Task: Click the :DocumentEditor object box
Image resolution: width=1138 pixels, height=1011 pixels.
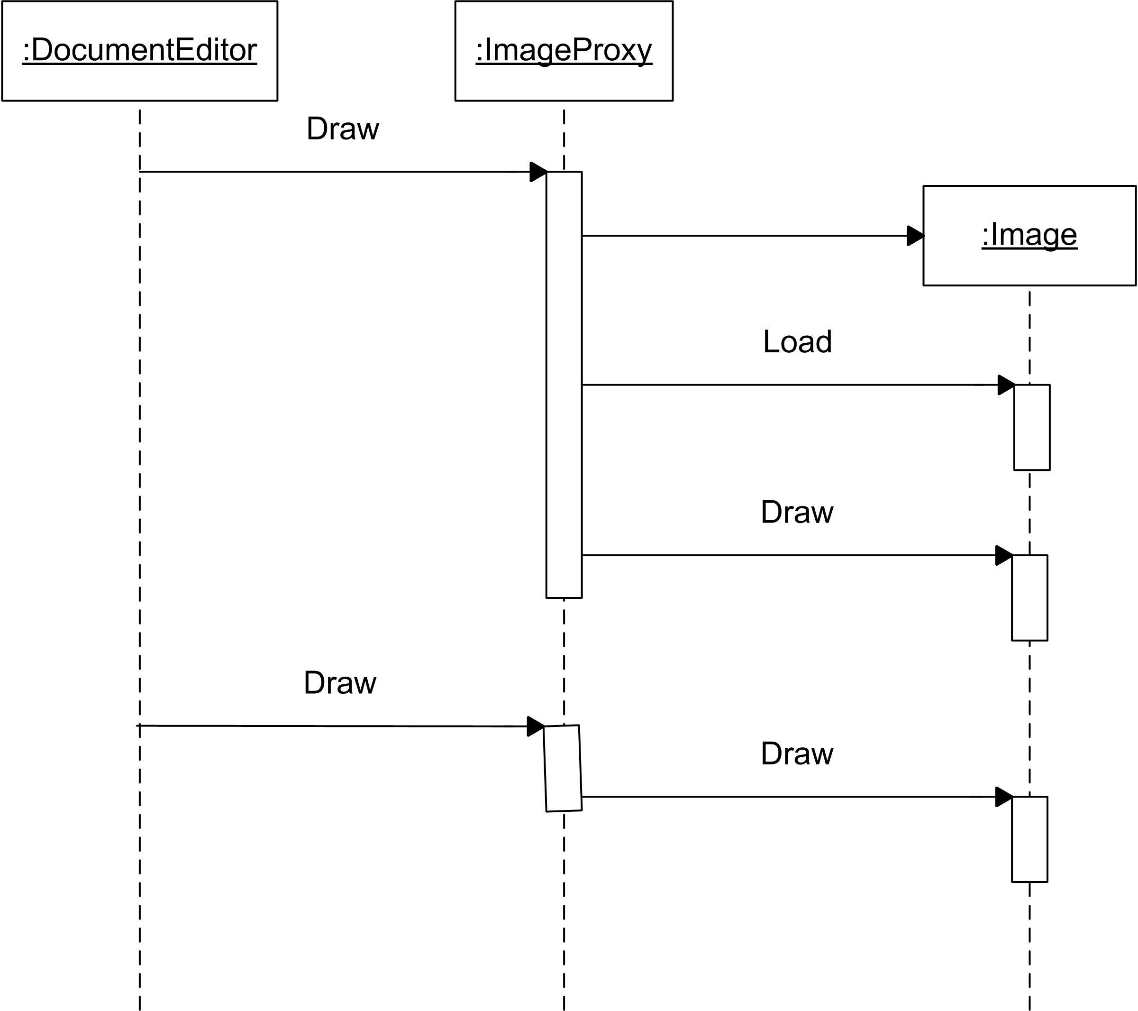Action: click(x=140, y=51)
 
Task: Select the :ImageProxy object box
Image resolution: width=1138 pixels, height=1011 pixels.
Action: click(x=564, y=51)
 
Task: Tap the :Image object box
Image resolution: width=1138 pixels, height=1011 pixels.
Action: click(x=1029, y=236)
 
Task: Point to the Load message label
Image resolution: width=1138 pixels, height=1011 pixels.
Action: click(x=797, y=341)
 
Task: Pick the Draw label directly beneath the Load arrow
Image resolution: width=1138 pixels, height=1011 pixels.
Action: click(x=797, y=512)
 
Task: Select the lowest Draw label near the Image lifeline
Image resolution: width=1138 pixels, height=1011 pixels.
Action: click(x=797, y=754)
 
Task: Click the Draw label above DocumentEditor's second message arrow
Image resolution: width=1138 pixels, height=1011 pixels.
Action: click(x=340, y=683)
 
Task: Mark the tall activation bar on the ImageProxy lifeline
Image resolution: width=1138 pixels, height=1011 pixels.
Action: click(x=564, y=385)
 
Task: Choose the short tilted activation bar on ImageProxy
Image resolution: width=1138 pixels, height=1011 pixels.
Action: click(x=563, y=769)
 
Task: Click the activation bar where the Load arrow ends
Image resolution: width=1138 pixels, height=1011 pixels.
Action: click(x=1032, y=427)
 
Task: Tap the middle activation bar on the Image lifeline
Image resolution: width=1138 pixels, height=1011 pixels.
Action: click(x=1029, y=597)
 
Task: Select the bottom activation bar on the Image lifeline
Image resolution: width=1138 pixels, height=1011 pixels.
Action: click(x=1029, y=839)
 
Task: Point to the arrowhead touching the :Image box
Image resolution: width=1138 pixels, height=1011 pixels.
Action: click(x=915, y=236)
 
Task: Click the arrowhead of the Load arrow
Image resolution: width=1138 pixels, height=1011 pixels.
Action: click(x=1006, y=385)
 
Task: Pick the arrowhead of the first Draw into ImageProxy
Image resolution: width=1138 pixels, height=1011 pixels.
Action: click(x=538, y=172)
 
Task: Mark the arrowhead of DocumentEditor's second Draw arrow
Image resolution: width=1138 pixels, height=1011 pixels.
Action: click(x=536, y=726)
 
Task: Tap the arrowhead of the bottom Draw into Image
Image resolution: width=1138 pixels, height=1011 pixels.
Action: click(x=1004, y=797)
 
